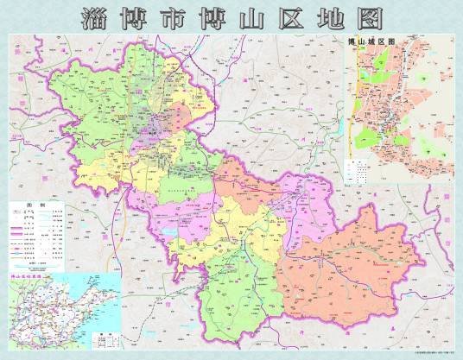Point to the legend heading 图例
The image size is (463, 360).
pos(35,207)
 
